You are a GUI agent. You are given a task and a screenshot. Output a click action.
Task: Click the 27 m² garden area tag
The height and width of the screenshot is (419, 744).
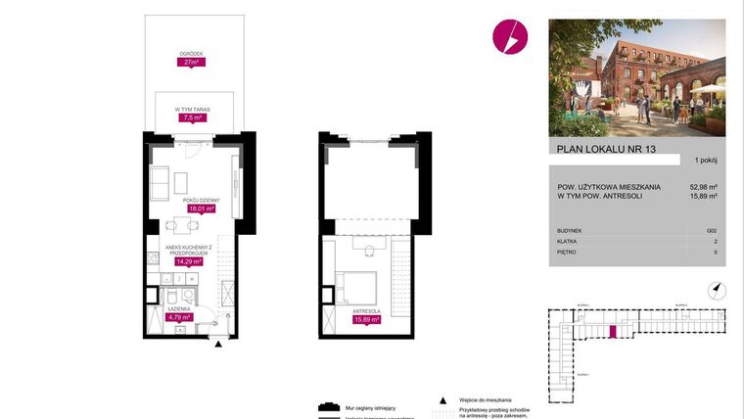click(191, 62)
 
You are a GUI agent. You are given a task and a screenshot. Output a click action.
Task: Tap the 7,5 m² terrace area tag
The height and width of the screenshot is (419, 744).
click(192, 118)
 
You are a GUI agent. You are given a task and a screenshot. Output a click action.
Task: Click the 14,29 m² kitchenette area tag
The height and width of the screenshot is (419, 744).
click(188, 261)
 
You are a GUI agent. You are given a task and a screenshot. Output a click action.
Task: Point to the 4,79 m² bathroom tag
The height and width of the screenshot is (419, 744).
click(178, 317)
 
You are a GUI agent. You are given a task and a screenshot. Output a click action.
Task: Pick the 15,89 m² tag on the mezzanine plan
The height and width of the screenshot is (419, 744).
click(367, 318)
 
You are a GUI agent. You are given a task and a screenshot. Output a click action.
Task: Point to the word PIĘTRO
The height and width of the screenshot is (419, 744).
click(567, 252)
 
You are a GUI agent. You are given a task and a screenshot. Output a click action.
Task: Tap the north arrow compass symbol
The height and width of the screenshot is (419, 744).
click(717, 289)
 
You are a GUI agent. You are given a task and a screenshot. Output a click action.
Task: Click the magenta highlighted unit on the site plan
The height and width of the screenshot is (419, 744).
click(612, 332)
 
